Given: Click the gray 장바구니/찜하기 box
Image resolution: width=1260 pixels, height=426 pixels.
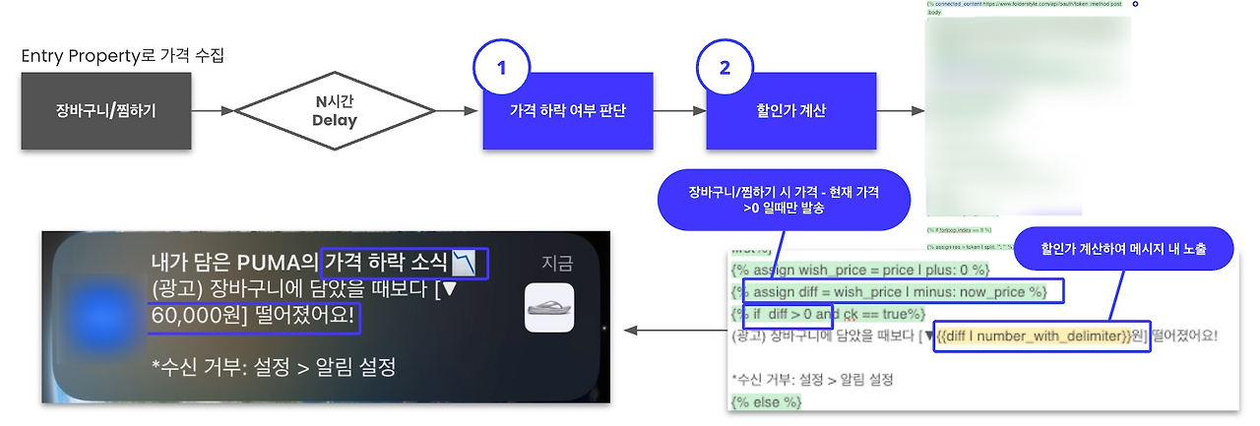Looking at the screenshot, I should point(106,110).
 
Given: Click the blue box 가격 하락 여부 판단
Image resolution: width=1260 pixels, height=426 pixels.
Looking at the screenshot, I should point(568,111).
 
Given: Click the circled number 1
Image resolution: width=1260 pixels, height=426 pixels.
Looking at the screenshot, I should point(501,68).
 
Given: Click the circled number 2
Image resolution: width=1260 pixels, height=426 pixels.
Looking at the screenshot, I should point(724,68).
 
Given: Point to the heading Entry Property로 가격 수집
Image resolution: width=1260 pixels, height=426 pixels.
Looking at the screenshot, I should point(123,56).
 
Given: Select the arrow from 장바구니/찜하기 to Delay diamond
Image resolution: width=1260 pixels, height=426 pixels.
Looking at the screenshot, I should point(216,111).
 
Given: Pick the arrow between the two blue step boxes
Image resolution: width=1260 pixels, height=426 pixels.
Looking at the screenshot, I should point(679,111).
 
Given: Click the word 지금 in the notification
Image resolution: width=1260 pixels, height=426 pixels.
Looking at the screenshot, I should point(556,263).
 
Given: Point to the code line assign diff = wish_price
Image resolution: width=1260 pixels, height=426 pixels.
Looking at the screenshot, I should point(902,291).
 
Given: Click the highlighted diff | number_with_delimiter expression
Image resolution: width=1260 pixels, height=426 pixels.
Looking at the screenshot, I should point(1040,336).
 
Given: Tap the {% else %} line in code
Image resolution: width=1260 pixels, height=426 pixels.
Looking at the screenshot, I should point(768,401).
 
